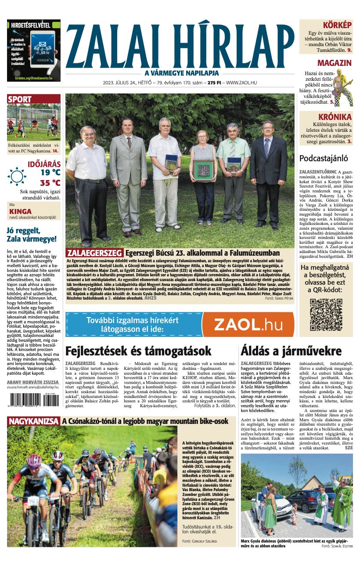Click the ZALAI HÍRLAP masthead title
tap(180, 44)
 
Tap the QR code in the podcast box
tap(326, 315)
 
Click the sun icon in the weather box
tap(17, 176)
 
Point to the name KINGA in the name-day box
tap(20, 211)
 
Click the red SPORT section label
tap(20, 99)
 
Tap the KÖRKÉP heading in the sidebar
tap(337, 25)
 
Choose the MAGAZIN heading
tap(334, 63)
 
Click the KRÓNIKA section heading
tap(336, 117)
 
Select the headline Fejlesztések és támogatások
tap(138, 351)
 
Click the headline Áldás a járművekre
tap(291, 351)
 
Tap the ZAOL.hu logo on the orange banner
tap(248, 325)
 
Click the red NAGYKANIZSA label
tap(33, 421)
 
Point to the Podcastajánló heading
tap(323, 159)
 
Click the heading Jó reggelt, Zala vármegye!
tap(31, 235)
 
